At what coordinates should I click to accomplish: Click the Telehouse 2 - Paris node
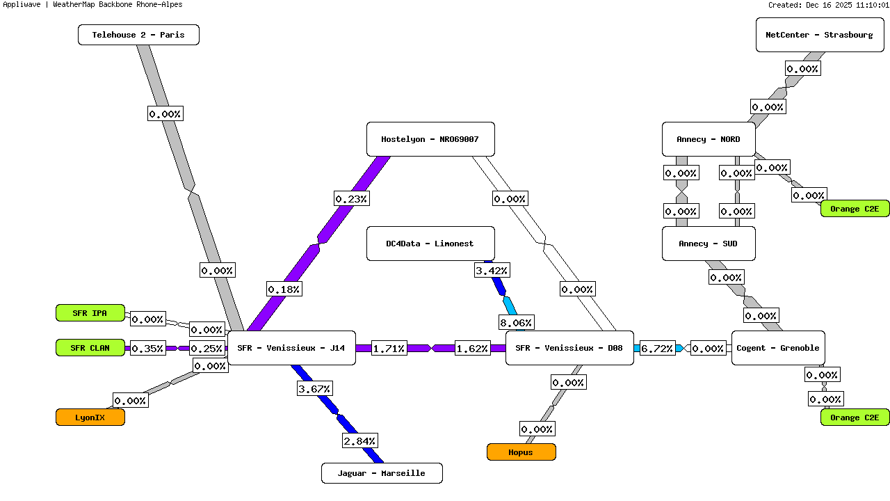tap(138, 35)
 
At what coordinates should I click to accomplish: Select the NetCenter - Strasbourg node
tap(819, 35)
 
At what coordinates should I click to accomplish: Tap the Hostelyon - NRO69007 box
tap(430, 139)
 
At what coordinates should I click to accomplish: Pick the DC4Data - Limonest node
tap(430, 244)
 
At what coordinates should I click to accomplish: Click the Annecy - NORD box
tap(708, 139)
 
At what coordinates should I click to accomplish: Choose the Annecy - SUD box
tap(708, 244)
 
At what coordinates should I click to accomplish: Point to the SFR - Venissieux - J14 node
tap(291, 348)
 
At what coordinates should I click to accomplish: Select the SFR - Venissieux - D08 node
tap(569, 348)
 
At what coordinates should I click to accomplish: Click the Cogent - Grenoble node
tap(777, 348)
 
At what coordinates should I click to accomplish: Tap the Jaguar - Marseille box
tap(381, 473)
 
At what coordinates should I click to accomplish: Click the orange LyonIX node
tap(90, 417)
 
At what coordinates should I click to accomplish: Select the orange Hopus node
tap(521, 452)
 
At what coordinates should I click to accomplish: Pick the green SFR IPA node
tap(90, 313)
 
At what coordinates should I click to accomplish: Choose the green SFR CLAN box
tap(90, 348)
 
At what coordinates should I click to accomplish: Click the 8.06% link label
tap(516, 322)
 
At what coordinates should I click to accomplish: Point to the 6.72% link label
tap(657, 349)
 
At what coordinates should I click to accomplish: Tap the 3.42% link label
tap(492, 270)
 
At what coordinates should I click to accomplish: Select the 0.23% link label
tap(351, 198)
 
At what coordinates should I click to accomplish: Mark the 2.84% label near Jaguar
tap(359, 440)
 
